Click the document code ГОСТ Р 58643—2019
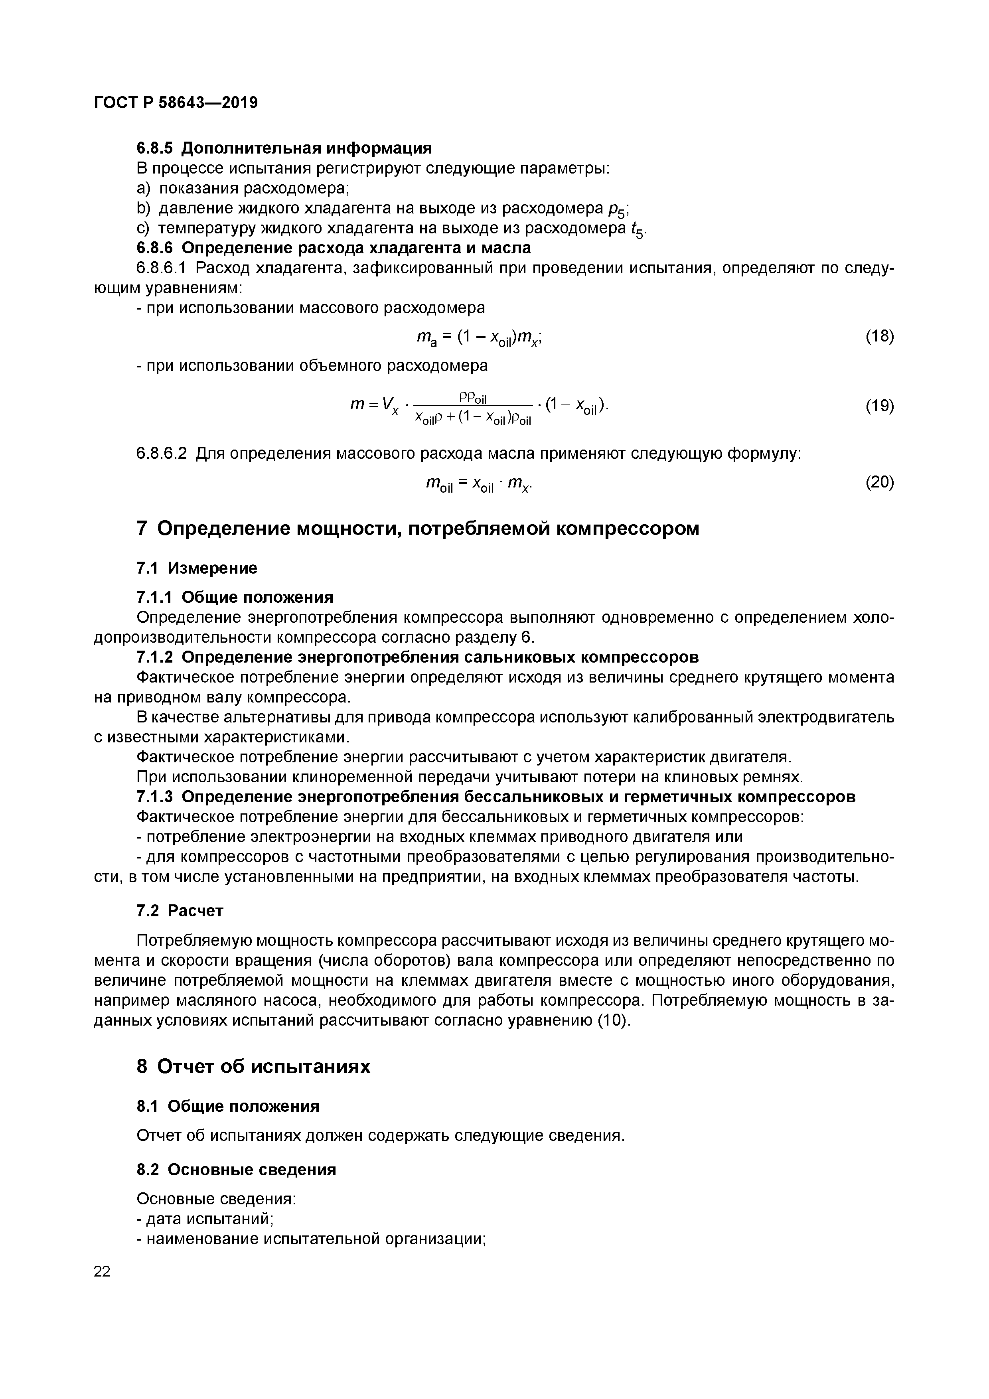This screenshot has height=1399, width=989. pos(176,103)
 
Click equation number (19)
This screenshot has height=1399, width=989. pos(879,406)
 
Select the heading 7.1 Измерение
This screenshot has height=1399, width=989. pos(196,568)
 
